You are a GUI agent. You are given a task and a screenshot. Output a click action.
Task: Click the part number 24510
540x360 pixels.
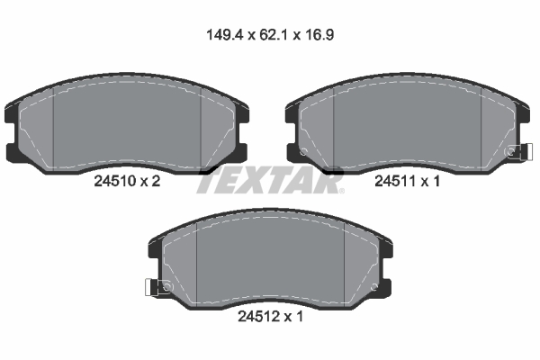(x=113, y=181)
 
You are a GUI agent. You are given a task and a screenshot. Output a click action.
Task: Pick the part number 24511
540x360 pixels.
(x=393, y=181)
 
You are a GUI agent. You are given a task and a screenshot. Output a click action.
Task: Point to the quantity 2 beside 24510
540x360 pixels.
(x=156, y=181)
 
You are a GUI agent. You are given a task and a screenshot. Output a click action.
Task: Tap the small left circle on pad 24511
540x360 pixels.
(x=303, y=150)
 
